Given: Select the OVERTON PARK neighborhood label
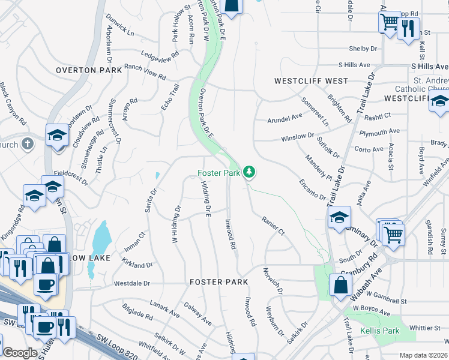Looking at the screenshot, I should click(88, 70).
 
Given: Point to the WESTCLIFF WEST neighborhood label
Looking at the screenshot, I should click(311, 80).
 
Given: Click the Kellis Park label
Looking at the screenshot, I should click(380, 331).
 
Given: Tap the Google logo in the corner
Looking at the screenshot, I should click(20, 353).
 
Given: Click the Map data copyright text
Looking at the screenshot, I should click(423, 355).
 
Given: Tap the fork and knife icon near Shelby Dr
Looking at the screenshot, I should click(408, 28).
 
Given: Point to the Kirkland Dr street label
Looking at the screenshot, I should click(137, 264).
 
